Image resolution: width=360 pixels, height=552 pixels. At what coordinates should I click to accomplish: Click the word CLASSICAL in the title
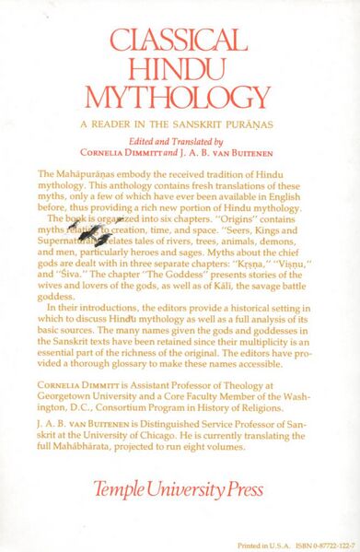[x=179, y=39]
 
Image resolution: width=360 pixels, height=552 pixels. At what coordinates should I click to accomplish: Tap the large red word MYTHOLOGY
[x=179, y=98]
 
